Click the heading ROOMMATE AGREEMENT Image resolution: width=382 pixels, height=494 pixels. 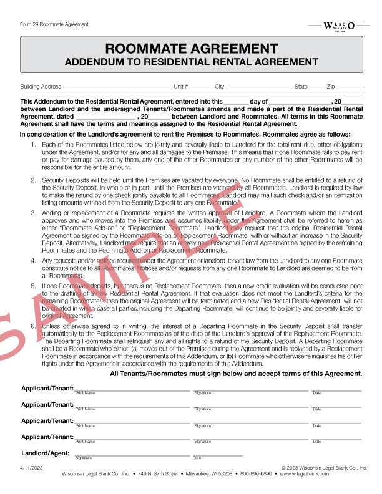[191, 49]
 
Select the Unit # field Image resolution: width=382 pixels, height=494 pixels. [200, 88]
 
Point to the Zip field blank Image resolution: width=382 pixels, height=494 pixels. [349, 88]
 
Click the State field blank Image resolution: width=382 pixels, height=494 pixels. [316, 88]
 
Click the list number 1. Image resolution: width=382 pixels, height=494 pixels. [34, 145]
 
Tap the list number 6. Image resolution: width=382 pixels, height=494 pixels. [34, 324]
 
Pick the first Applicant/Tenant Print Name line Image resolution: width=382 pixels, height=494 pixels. [131, 390]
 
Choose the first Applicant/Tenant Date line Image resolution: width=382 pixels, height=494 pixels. [337, 390]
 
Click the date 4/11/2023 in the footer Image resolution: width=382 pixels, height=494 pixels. [31, 467]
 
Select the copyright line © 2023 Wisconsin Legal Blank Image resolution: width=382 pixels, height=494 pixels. [324, 467]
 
